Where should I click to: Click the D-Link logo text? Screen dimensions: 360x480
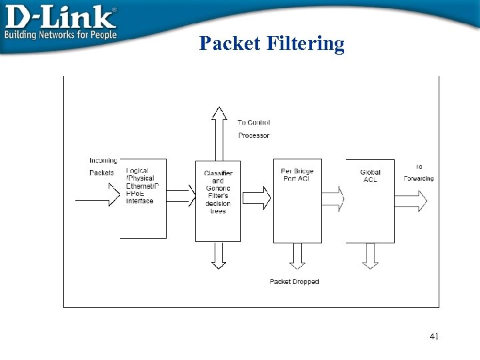(61, 16)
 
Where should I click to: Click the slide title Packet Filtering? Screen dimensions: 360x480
(272, 44)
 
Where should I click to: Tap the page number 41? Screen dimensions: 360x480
(434, 337)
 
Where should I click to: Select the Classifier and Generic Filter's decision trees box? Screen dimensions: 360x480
(218, 200)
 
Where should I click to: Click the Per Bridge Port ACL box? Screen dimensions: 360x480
(297, 200)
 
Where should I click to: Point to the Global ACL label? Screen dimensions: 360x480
(371, 176)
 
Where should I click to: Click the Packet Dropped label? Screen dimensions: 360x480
(294, 281)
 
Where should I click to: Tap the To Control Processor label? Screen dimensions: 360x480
(254, 129)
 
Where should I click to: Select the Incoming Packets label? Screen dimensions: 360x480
(103, 167)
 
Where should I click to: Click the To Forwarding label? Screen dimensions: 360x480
(419, 173)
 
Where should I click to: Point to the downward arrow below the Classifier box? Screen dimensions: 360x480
(219, 255)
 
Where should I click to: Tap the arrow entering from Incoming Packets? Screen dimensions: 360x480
(97, 199)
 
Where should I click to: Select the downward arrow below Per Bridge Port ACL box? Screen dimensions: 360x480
(297, 255)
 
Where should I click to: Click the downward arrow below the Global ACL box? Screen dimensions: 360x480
(370, 255)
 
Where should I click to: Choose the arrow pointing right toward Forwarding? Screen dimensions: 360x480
(411, 199)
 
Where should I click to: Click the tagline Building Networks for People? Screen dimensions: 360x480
(61, 35)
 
